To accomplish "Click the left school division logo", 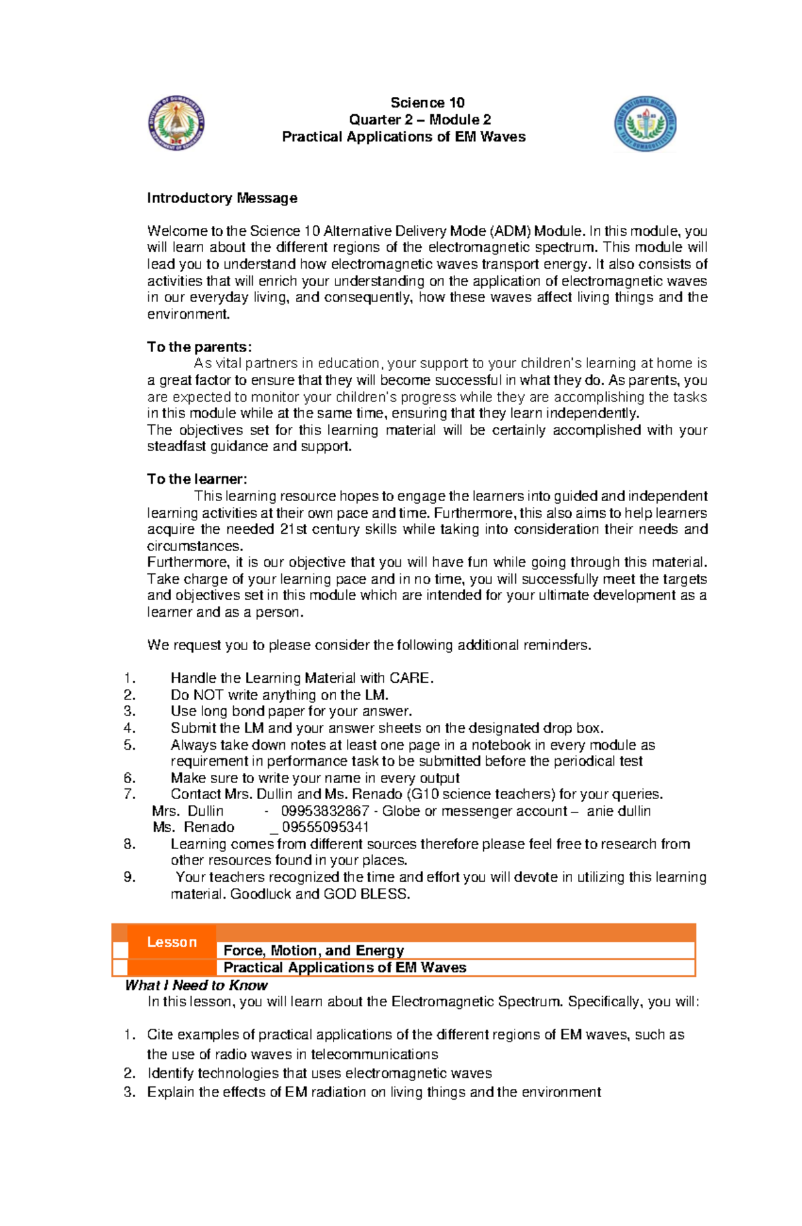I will (x=176, y=122).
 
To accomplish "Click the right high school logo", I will (x=645, y=124).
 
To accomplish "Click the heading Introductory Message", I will (x=222, y=198).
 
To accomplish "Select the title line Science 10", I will (x=427, y=102).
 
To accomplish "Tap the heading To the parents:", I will (x=199, y=347).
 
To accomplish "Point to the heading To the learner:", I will (x=197, y=479).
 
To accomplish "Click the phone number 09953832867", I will (x=325, y=811).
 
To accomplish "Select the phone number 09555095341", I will (x=325, y=827).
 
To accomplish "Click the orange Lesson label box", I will (x=172, y=942).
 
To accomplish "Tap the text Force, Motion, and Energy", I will (x=313, y=951).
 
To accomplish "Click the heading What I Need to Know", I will (x=196, y=985).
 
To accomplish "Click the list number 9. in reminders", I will (x=130, y=877).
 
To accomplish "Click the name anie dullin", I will (x=618, y=811).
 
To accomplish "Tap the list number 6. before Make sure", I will (x=130, y=778).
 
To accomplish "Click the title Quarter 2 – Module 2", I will (x=420, y=120).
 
